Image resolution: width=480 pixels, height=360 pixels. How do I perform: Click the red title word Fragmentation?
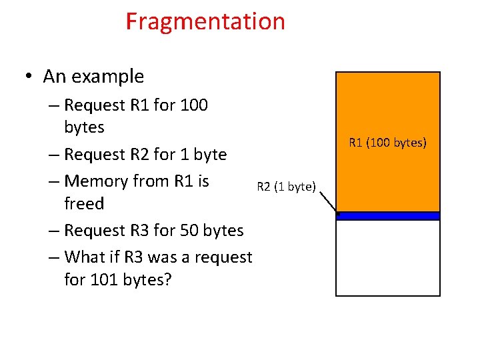(205, 22)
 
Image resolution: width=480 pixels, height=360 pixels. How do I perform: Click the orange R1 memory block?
(387, 113)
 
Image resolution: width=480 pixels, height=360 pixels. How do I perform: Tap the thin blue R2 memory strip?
(387, 215)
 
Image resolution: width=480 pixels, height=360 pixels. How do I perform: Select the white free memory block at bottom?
(387, 257)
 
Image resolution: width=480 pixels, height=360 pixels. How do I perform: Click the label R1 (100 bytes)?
(387, 142)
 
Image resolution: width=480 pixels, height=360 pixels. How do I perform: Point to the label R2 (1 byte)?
(286, 187)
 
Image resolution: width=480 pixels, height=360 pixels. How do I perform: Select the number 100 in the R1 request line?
(193, 105)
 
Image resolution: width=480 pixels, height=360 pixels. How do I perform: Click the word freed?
(84, 203)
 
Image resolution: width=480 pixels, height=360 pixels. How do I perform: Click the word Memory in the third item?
(94, 181)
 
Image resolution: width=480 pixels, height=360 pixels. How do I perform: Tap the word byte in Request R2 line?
(210, 155)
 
